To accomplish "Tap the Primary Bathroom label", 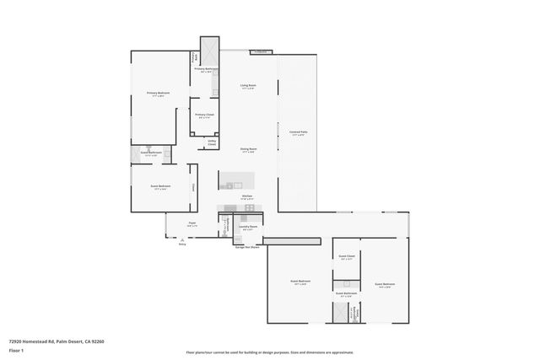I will (207, 71).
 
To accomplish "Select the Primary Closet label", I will (204, 116).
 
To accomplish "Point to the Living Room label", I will (248, 86).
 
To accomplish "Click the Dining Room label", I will (247, 149).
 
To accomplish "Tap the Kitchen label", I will (247, 197).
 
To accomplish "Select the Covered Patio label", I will (298, 132).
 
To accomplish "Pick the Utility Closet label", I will (212, 142).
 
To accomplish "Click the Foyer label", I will (192, 224).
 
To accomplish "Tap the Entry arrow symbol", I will (181, 240).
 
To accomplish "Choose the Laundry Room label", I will (248, 228).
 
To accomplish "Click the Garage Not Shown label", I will (247, 247).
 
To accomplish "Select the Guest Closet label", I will (346, 257).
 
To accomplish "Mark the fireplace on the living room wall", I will (262, 52).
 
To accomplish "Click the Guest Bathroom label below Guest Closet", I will (346, 295).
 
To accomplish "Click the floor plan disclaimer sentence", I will (270, 352).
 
